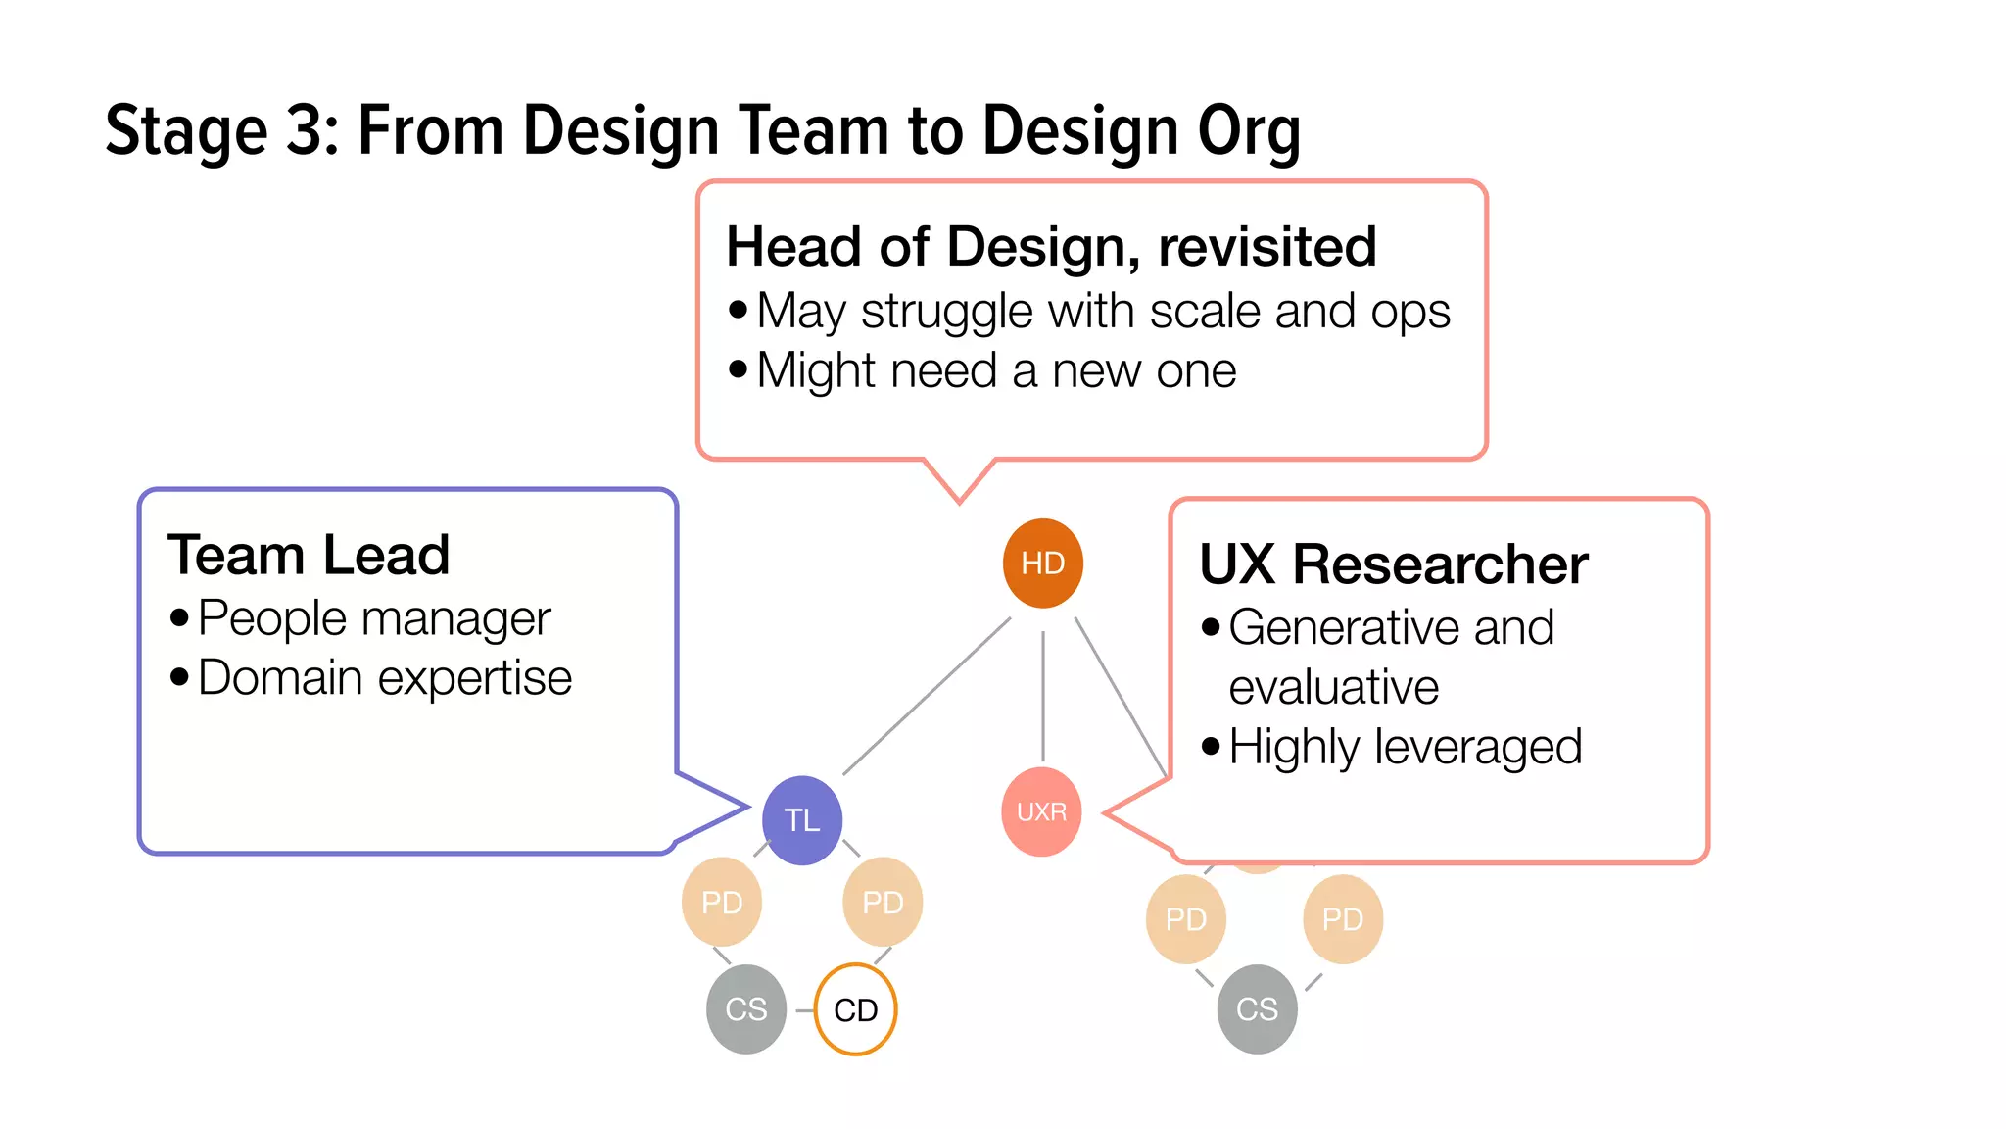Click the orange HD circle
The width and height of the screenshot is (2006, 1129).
click(x=1042, y=563)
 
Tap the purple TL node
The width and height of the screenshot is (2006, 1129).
click(x=801, y=820)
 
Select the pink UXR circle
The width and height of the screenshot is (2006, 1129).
click(x=1041, y=811)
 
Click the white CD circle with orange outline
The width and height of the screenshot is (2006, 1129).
click(x=855, y=1009)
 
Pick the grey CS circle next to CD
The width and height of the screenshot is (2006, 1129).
click(x=745, y=1009)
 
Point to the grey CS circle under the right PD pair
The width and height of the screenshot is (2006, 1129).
click(x=1257, y=1009)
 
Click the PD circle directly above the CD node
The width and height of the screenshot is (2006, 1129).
click(x=882, y=902)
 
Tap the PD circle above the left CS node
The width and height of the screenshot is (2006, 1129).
click(x=722, y=902)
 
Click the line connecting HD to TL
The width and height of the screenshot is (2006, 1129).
click(x=926, y=696)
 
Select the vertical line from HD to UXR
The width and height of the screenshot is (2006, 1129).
click(x=1042, y=696)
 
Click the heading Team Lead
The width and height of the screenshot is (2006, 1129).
click(x=309, y=555)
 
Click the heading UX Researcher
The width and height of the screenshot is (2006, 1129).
click(x=1393, y=564)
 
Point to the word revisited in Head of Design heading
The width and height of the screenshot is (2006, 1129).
click(x=1267, y=246)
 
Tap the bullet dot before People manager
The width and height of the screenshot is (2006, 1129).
click(x=178, y=618)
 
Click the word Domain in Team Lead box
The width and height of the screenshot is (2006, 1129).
click(x=280, y=678)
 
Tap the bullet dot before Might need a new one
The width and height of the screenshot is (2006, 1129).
click(x=738, y=370)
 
